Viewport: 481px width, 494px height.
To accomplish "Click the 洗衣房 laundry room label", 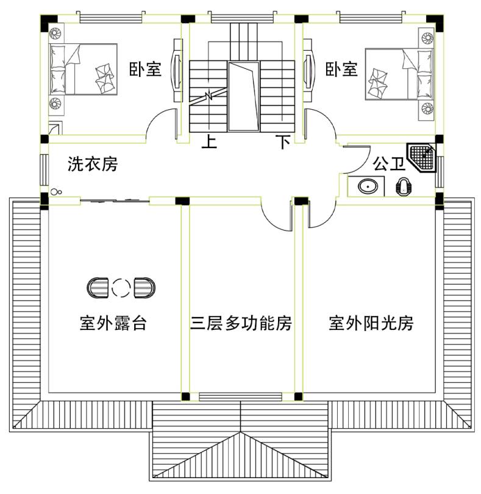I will coord(93,164).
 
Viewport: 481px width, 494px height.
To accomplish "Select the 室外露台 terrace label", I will coord(113,323).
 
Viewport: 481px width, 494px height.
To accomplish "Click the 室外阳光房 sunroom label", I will coord(371,323).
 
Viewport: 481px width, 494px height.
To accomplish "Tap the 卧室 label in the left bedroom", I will coord(145,69).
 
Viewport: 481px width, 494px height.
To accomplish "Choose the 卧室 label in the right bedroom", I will coord(341,69).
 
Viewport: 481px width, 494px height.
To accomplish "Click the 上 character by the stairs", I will coord(209,143).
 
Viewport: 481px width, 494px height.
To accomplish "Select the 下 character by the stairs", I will coord(282,143).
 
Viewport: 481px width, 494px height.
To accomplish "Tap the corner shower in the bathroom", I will coord(423,159).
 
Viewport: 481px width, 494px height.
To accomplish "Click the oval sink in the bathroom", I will coord(367,186).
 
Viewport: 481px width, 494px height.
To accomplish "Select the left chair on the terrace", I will coord(99,287).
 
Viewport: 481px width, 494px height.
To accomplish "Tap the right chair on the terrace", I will coord(144,287).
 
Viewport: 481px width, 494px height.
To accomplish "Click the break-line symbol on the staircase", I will coord(209,96).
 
